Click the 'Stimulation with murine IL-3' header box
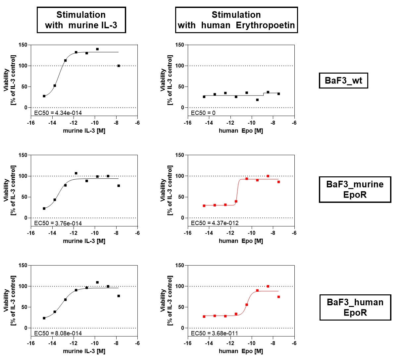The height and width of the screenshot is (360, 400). click(81, 20)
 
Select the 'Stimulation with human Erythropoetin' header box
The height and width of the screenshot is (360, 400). click(236, 20)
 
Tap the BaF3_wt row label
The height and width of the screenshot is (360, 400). click(343, 81)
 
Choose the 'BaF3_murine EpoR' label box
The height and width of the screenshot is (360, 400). click(355, 189)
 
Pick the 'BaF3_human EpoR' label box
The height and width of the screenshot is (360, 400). click(355, 307)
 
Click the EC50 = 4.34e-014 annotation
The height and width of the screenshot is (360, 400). click(58, 113)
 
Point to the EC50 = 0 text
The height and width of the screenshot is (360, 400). click(203, 113)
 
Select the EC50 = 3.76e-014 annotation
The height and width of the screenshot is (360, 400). click(58, 223)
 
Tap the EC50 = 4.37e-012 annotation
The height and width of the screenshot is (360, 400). click(215, 223)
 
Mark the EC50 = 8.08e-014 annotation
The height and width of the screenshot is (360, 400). click(58, 333)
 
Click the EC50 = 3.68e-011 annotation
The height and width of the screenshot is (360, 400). click(214, 333)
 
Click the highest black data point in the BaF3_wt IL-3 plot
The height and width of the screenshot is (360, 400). click(97, 49)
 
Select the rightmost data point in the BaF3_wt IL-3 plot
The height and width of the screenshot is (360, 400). click(119, 66)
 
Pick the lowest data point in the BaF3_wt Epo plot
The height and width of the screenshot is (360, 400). click(257, 100)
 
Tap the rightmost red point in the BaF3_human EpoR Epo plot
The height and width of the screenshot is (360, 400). click(278, 297)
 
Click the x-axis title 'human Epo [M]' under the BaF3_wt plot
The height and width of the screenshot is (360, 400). click(241, 131)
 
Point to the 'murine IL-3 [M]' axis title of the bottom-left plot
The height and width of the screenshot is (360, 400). click(84, 351)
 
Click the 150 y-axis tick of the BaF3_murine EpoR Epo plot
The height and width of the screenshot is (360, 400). click(180, 155)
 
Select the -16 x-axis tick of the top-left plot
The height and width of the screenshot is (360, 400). click(31, 123)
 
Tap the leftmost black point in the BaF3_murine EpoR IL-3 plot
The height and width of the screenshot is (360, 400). click(44, 209)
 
